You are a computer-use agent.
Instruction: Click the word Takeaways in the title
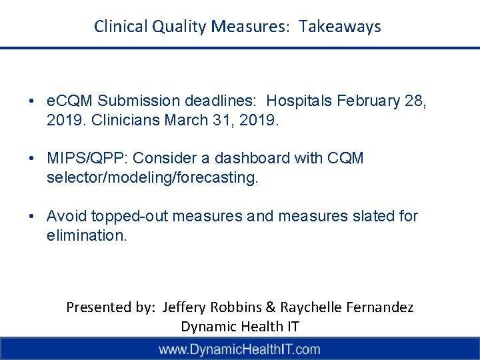point(340,27)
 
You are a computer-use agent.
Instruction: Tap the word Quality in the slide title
point(180,27)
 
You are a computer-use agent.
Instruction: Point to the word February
point(371,101)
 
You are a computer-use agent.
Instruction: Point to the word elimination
point(86,235)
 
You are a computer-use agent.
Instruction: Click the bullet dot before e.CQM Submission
point(32,101)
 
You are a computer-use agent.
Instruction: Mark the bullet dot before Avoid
point(32,216)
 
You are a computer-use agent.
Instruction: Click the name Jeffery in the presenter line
point(183,307)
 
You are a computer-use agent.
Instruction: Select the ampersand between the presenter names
point(270,307)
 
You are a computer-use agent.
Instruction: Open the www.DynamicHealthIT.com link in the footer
point(239,349)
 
